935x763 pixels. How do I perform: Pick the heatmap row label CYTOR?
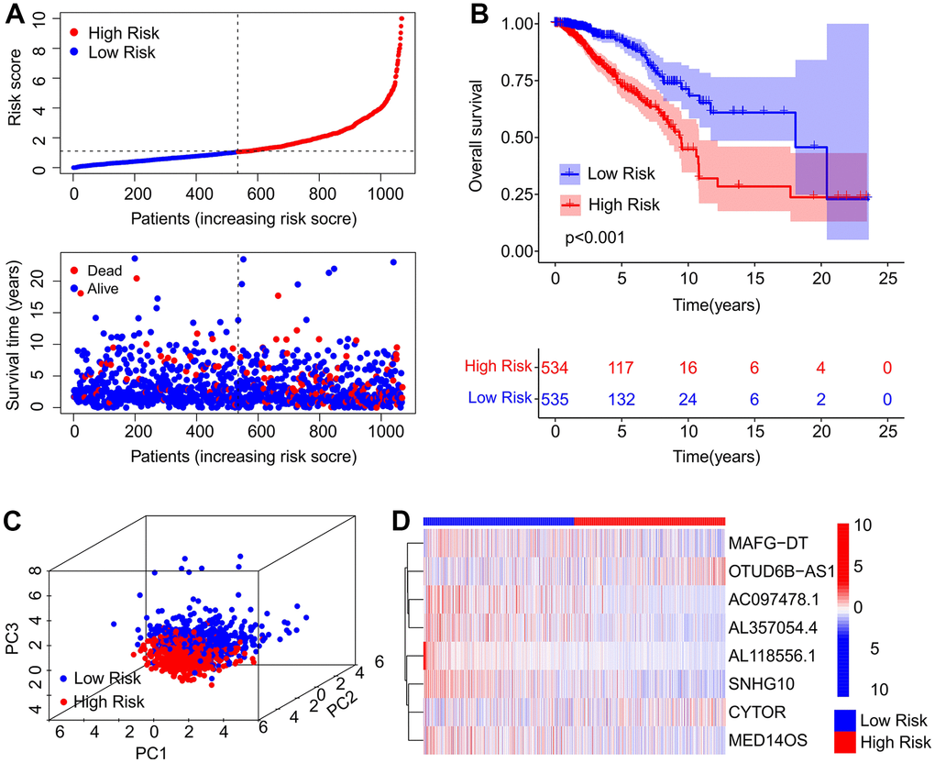coord(757,710)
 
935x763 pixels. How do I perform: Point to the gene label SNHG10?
coord(761,683)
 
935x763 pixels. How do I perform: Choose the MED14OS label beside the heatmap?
coord(767,737)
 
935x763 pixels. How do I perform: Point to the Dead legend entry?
coord(104,271)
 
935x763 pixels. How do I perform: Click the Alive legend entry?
coord(104,289)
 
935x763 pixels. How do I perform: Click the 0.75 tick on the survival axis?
coord(518,80)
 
